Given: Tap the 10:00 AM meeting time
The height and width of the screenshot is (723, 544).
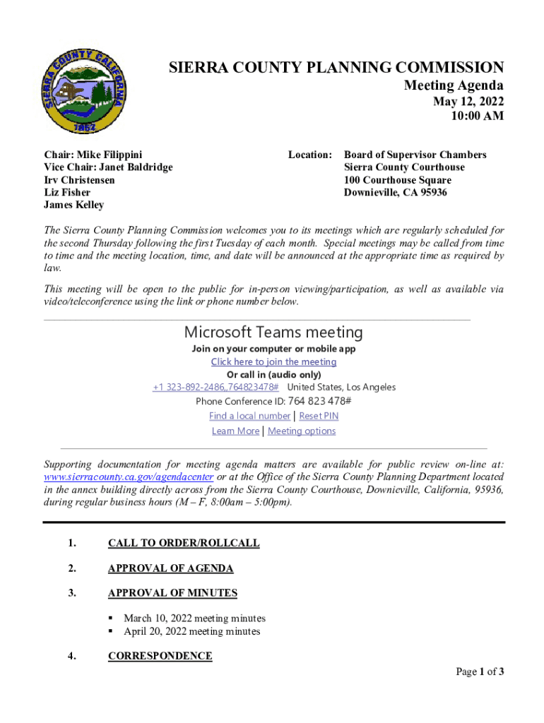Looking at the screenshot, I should pos(478,116).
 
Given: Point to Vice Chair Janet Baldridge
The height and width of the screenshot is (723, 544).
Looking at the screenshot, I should pos(108,167).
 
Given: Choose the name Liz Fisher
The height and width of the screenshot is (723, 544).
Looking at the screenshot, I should pos(67,193).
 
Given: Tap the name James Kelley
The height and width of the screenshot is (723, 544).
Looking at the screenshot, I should pos(73,205).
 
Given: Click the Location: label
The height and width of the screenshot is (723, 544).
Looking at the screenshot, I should pos(310,155).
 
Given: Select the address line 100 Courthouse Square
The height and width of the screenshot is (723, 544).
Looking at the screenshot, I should pos(398,180).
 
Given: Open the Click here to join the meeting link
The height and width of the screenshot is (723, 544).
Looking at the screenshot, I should pos(273,361).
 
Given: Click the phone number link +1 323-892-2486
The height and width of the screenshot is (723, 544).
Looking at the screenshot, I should pos(215,387).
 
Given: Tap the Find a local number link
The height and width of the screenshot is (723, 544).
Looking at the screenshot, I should pos(249,416).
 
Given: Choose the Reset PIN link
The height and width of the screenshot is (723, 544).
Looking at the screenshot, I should pos(319,416).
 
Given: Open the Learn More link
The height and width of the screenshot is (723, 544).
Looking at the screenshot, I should pos(235,431).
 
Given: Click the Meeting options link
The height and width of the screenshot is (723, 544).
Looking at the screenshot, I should pos(302,431).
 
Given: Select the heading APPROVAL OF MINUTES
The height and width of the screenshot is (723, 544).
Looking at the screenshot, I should pos(172,593).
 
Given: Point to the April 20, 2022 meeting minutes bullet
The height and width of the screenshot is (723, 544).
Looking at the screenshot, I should pos(191,631).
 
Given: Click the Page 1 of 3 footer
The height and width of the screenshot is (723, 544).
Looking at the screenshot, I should pos(480,671).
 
